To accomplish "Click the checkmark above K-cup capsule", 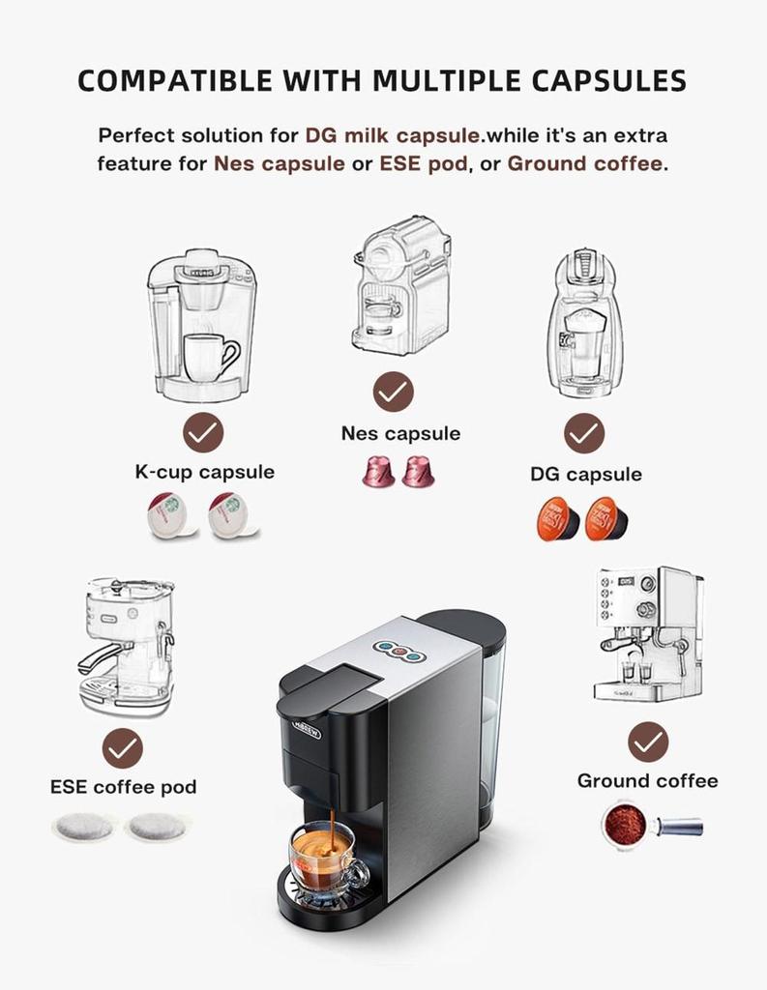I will (x=203, y=433).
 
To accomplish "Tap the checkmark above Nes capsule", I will (x=393, y=393).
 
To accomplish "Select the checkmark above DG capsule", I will (x=584, y=434).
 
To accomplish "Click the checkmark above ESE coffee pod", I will (x=123, y=748).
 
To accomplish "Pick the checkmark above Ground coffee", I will (x=647, y=742).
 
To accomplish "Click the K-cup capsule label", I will (x=204, y=473).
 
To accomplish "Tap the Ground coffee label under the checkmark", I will (x=647, y=780).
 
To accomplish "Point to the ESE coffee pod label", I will (x=123, y=787).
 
